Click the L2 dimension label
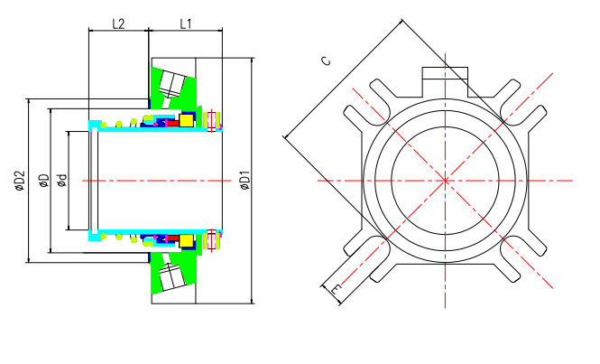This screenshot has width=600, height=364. point(118,22)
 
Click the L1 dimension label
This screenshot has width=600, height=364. point(185,22)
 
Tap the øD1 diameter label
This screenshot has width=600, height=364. point(245,182)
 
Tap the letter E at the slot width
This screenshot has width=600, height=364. point(337,290)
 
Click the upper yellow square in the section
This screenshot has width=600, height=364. point(187,120)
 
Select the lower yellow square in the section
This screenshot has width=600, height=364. point(187,241)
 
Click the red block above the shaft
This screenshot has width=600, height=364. point(171,123)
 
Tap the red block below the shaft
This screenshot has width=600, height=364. point(171,239)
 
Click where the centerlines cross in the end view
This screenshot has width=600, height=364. point(446,181)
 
